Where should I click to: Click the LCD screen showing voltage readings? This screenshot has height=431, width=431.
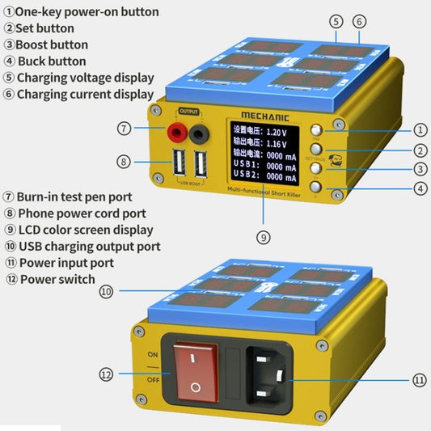(x=264, y=153)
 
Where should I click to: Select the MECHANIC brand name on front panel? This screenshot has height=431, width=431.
(x=265, y=116)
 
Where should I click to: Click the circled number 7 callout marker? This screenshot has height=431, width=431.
(x=124, y=129)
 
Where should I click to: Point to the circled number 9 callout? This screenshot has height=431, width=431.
(x=264, y=237)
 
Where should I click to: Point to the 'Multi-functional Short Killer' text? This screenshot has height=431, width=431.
(x=264, y=189)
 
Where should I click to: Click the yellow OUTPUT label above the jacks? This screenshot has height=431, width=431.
(x=188, y=112)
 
